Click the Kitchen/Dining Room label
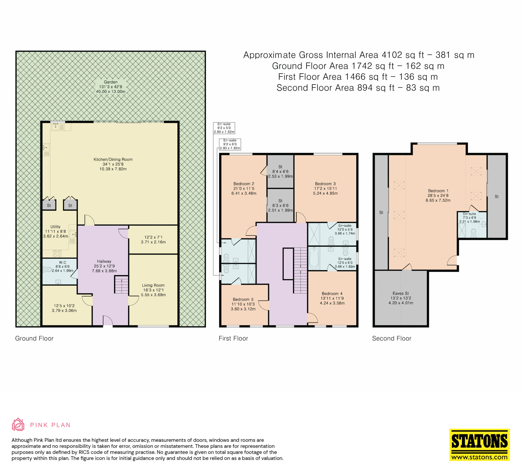click(113, 159)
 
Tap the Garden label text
click(111, 82)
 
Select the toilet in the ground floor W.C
click(47, 269)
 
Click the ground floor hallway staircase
click(122, 285)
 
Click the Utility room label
click(55, 227)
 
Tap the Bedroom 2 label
click(244, 184)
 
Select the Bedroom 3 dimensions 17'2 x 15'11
click(325, 188)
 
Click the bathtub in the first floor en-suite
click(314, 258)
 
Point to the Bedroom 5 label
click(243, 299)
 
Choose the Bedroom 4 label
click(332, 293)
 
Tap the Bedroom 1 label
click(438, 191)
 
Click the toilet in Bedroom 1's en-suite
click(473, 233)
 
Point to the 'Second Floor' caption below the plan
click(391, 338)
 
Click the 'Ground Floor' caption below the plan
click(34, 338)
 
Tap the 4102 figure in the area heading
click(392, 55)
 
